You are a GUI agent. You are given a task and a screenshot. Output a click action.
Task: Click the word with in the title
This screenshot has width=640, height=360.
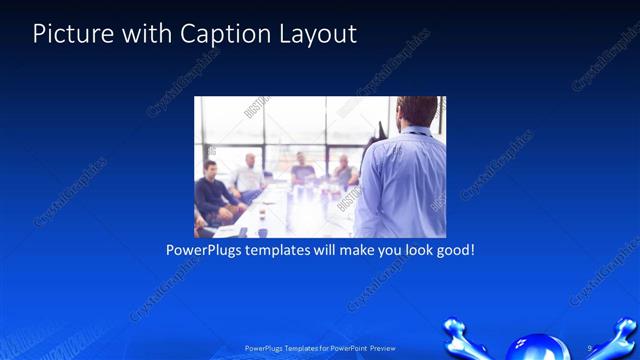(140, 34)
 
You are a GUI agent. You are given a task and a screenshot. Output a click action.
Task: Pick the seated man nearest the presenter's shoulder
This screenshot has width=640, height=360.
(344, 172)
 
